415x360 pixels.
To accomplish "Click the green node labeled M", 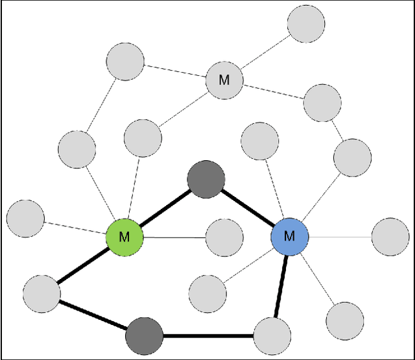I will pos(124,237).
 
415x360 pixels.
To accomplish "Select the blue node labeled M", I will pos(289,236).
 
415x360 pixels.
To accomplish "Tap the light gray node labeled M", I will pos(224,80).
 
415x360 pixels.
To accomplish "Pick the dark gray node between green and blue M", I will pos(206,180).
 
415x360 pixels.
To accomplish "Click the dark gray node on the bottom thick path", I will pos(144,335).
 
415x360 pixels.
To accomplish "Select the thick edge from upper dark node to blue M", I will pos(248,208).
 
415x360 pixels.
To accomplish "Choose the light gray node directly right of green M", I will pos(224,237).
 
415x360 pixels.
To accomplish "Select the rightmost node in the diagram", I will pos(390,237).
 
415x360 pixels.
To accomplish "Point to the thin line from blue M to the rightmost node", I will pos(340,237).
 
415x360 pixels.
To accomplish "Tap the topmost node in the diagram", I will pos(305,24).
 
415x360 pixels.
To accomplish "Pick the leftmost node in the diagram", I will pos(25,219).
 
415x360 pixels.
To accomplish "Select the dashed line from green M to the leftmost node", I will pos(75,228).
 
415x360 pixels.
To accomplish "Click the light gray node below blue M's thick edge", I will pos(271,336).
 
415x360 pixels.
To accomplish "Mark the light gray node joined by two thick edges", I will pos(41,293).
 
